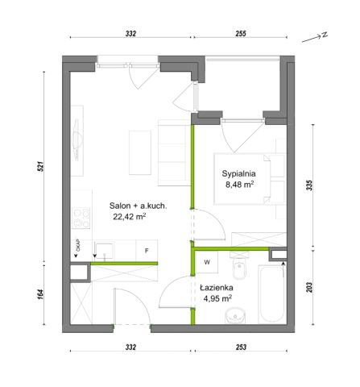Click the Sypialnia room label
pyautogui.click(x=238, y=173)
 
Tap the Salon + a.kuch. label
pyautogui.click(x=138, y=206)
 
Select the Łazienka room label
pyautogui.click(x=217, y=288)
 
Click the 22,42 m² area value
pyautogui.click(x=130, y=217)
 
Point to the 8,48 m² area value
pyautogui.click(x=240, y=185)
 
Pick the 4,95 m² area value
pyautogui.click(x=217, y=298)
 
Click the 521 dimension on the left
pyautogui.click(x=40, y=166)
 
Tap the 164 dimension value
pyautogui.click(x=40, y=294)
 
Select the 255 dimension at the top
pyautogui.click(x=241, y=34)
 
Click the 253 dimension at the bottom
pyautogui.click(x=241, y=347)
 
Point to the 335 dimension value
pyautogui.click(x=309, y=185)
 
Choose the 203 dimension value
pyautogui.click(x=309, y=287)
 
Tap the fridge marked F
pyautogui.click(x=147, y=251)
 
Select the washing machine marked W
pyautogui.click(x=207, y=262)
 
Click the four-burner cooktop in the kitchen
pyautogui.click(x=81, y=218)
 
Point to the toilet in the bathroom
pyautogui.click(x=239, y=266)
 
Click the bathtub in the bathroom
pyautogui.click(x=271, y=294)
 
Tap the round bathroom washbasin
pyautogui.click(x=235, y=315)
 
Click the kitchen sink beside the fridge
pyautogui.click(x=105, y=251)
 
